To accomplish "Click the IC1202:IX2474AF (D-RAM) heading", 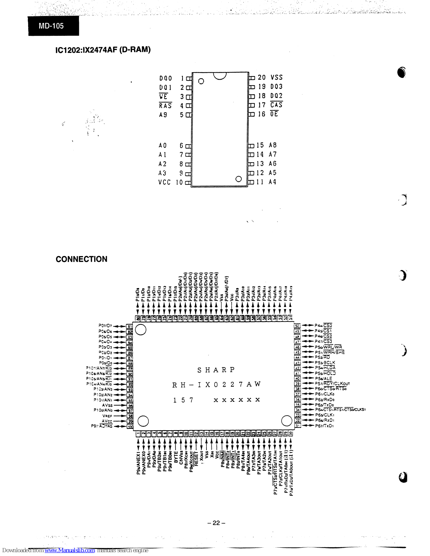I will (103, 50).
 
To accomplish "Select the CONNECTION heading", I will (81, 259).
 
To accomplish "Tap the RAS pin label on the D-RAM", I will (165, 106).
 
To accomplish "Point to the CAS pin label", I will (276, 105).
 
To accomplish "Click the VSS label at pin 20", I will (276, 77).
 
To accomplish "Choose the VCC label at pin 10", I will (164, 182).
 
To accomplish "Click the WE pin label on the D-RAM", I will (163, 97).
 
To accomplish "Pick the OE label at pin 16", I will (274, 114).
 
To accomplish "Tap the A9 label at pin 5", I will (163, 115).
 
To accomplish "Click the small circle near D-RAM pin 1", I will (201, 81).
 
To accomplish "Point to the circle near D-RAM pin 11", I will (238, 179).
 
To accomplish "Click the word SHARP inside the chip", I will (216, 370).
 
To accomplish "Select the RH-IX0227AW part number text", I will (216, 385).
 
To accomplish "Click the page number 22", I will (216, 523).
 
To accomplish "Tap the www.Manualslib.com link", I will (70, 550).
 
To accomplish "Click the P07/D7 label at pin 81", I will (105, 326).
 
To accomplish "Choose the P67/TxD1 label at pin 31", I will (324, 426).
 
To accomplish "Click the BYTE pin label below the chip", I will (176, 456).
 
